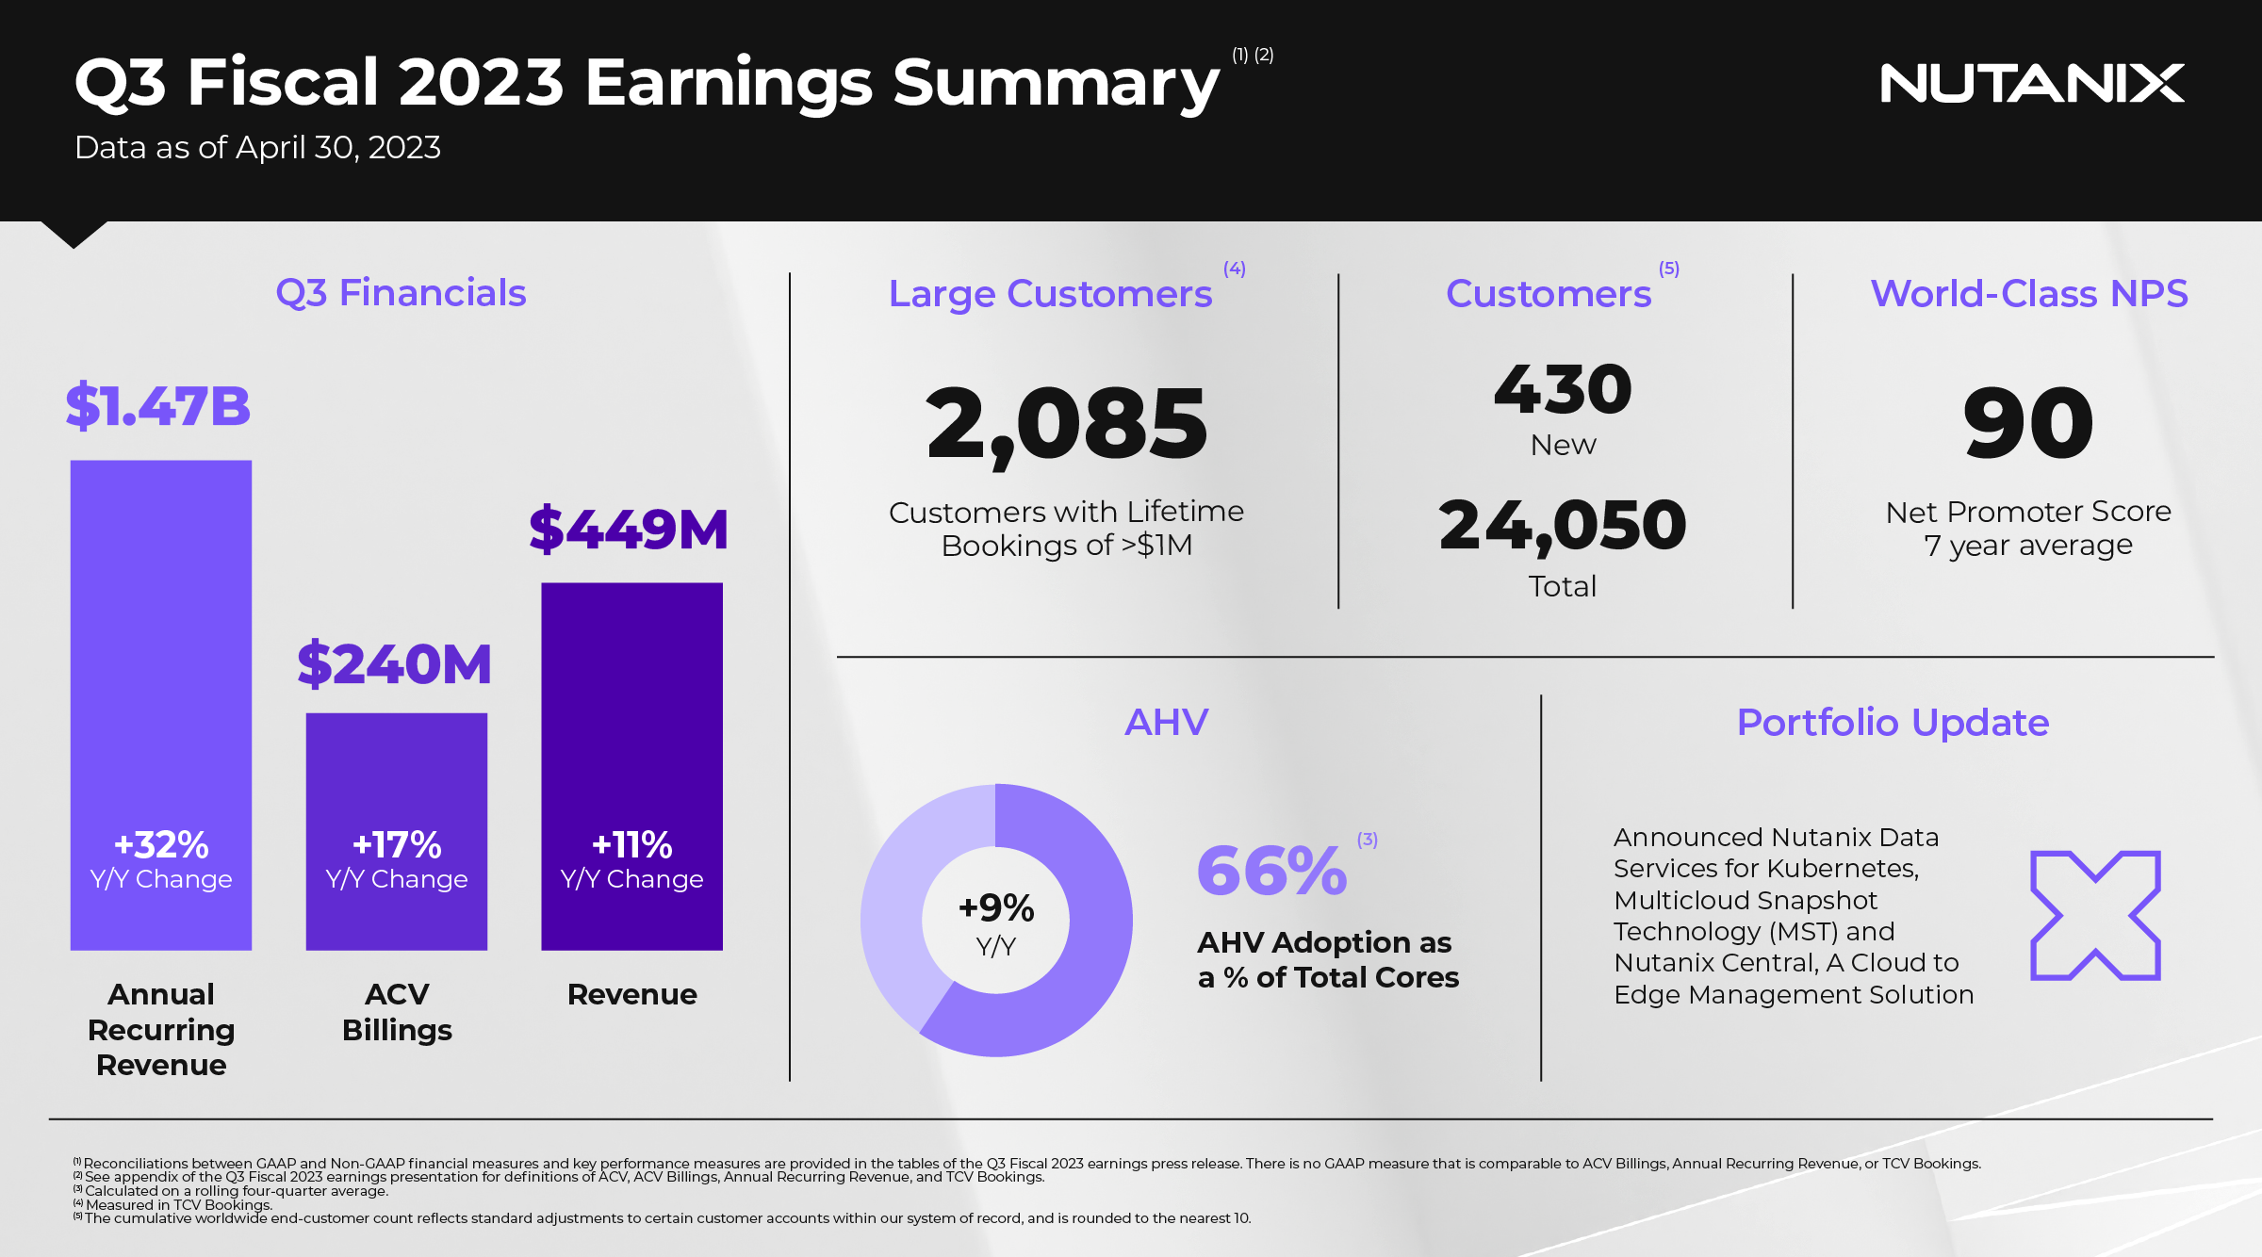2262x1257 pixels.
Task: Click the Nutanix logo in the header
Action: pyautogui.click(x=2031, y=83)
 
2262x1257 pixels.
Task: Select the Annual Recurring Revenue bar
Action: pyautogui.click(x=161, y=705)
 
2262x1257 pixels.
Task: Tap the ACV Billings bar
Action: pyautogui.click(x=397, y=831)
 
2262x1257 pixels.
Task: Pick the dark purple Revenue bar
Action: pyautogui.click(x=631, y=766)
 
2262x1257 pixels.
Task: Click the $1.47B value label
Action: pyautogui.click(x=158, y=406)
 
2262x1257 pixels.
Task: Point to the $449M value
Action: pyautogui.click(x=629, y=529)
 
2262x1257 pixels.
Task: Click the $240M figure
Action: pyautogui.click(x=394, y=663)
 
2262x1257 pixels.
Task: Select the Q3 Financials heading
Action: pyautogui.click(x=401, y=293)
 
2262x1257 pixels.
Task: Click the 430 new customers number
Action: pyautogui.click(x=1563, y=389)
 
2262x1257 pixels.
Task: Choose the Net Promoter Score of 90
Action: pyautogui.click(x=2028, y=423)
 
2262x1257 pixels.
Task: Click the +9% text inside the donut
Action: pyautogui.click(x=996, y=908)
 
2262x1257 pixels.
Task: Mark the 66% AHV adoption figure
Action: pyautogui.click(x=1272, y=871)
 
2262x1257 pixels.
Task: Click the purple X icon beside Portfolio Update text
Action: pyautogui.click(x=2095, y=915)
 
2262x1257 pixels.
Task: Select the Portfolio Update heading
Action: pyautogui.click(x=1893, y=723)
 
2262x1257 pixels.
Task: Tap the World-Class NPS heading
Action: pyautogui.click(x=2029, y=293)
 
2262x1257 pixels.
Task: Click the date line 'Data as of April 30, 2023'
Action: pyautogui.click(x=257, y=148)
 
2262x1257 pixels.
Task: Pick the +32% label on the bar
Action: pyautogui.click(x=161, y=845)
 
